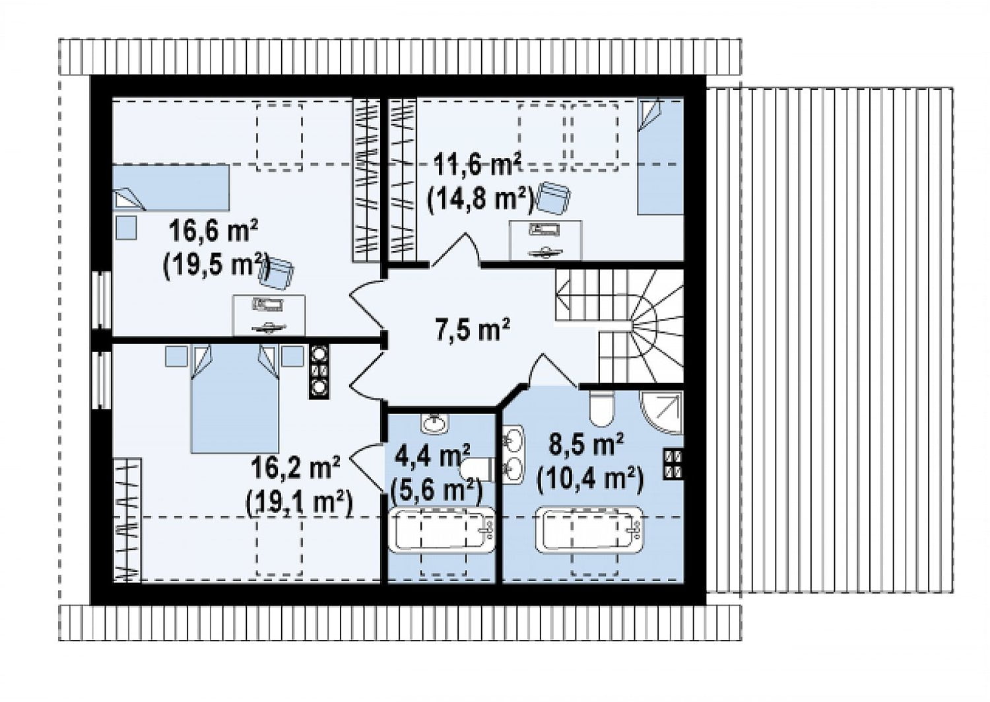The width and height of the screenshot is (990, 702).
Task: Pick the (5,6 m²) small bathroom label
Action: pos(436,490)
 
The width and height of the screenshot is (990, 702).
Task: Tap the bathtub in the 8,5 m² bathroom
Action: pos(589,530)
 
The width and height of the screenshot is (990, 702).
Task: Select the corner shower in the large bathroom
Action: pos(661,412)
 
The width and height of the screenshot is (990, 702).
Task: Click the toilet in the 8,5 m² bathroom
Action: pos(601,407)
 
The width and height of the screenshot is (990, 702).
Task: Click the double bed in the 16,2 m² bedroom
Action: pos(235,399)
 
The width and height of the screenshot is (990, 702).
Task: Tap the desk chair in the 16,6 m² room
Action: pos(278,272)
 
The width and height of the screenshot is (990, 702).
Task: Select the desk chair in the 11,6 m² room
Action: pos(553,197)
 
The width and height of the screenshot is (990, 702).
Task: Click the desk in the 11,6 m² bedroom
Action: pos(545,240)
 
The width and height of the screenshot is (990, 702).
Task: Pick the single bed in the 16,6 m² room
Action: pos(171,188)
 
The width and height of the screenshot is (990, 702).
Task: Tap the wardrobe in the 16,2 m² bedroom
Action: pos(128,520)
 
